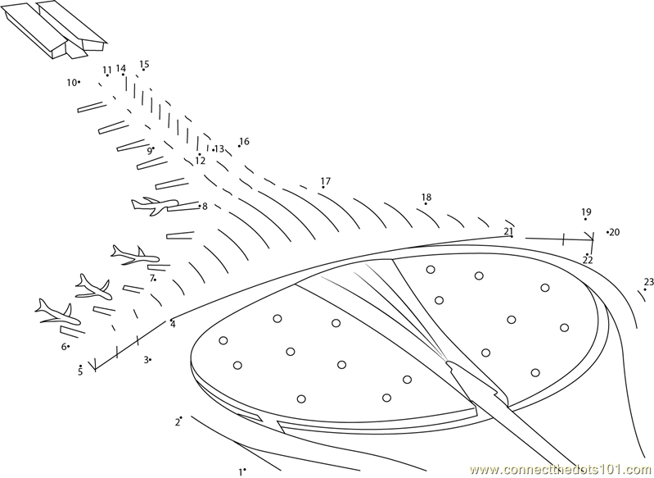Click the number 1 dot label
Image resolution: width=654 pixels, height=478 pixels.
[241, 471]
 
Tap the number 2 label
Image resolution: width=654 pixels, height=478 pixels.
[176, 422]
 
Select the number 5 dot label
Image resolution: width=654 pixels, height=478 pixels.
[80, 371]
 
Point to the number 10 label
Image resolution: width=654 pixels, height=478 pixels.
[71, 82]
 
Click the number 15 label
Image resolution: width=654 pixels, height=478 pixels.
[144, 64]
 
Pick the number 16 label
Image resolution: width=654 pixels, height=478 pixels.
[244, 141]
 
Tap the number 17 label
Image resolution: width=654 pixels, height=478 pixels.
[326, 181]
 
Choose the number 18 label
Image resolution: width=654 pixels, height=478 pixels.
[426, 198]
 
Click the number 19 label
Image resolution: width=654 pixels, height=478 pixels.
[586, 212]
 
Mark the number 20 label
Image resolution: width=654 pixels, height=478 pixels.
[615, 232]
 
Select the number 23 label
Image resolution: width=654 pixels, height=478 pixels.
[649, 282]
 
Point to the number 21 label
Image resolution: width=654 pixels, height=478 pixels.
[508, 231]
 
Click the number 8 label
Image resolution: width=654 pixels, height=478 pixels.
[205, 207]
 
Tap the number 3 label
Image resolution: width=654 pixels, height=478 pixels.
[147, 359]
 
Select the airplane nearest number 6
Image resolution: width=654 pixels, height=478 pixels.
[56, 311]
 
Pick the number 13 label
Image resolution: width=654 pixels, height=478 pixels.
[219, 149]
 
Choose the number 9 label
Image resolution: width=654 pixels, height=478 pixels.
[149, 151]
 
